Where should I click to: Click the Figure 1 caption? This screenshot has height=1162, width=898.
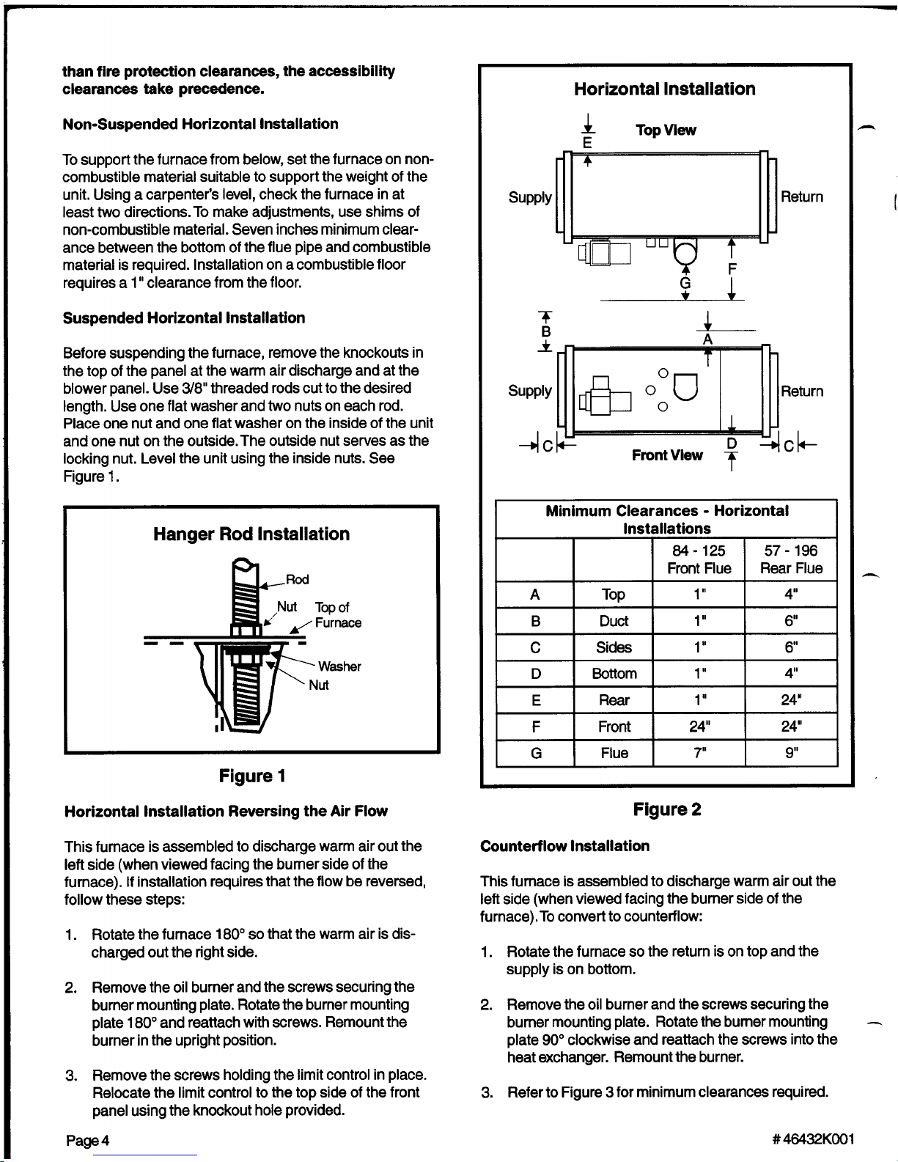(252, 776)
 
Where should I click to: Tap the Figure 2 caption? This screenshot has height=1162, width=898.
(667, 809)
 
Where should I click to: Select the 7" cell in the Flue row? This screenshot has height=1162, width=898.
(699, 753)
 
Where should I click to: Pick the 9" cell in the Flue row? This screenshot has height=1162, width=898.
(791, 753)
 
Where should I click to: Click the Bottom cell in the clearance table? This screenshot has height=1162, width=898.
(614, 674)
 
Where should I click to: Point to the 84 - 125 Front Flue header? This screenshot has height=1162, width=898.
(699, 559)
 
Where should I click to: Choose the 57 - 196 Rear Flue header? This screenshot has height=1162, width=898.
(791, 559)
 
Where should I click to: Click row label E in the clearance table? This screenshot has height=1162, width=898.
(536, 700)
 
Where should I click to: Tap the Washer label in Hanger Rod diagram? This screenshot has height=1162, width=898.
(339, 666)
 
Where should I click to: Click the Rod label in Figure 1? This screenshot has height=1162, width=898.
(297, 579)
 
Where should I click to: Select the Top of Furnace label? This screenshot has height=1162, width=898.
(337, 615)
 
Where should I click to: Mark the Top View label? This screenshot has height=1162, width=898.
(666, 130)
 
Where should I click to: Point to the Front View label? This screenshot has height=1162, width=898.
(667, 455)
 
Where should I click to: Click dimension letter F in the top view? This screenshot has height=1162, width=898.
(732, 269)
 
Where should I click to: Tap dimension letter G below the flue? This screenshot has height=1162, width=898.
(685, 282)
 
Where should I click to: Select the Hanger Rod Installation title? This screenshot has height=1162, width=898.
(251, 534)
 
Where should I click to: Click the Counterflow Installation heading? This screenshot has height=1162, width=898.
(564, 846)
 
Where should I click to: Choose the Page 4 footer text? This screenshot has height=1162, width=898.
(87, 1141)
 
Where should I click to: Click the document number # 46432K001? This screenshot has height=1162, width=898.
(813, 1139)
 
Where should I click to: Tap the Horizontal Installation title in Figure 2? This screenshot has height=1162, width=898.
(664, 89)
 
